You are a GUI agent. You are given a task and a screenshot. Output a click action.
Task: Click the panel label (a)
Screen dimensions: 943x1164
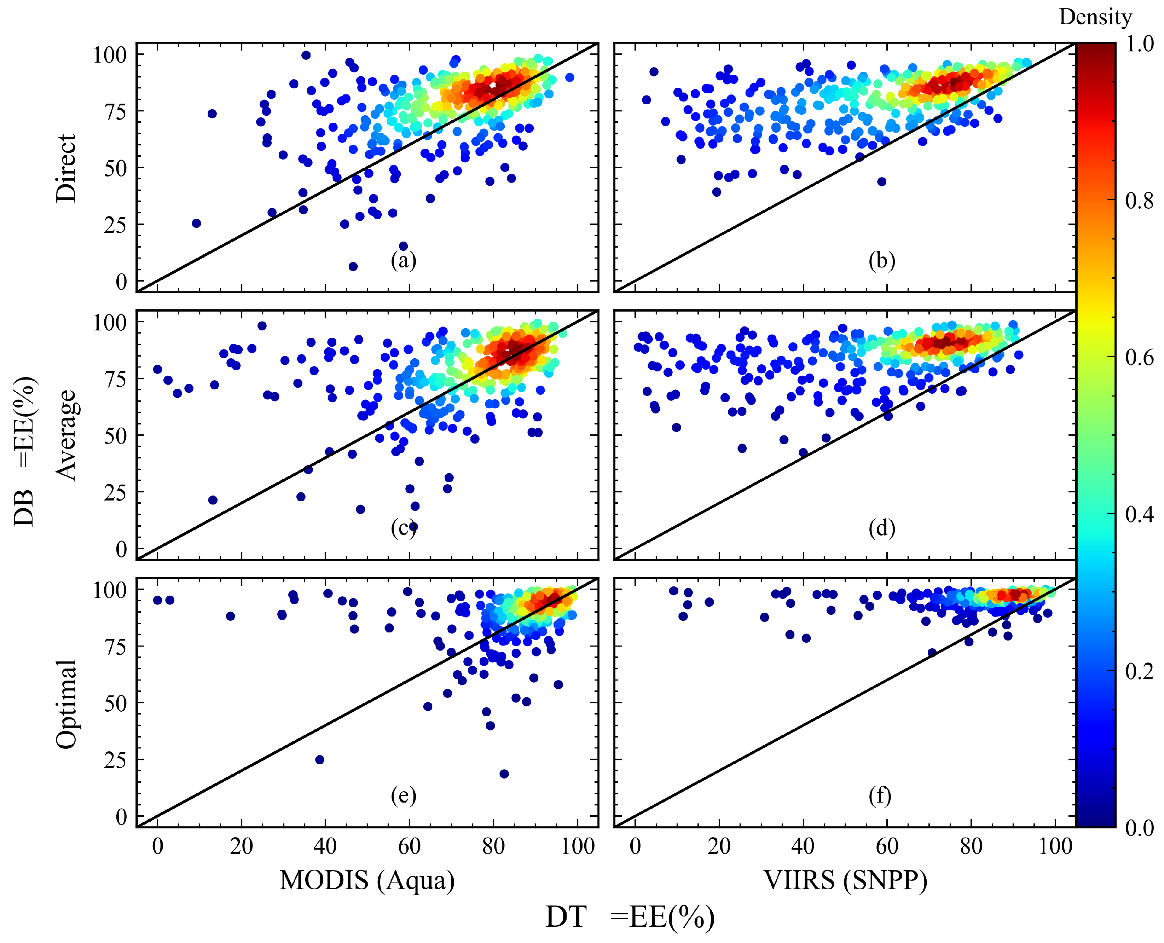tap(403, 261)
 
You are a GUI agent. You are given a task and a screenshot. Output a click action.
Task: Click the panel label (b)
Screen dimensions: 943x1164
tap(881, 261)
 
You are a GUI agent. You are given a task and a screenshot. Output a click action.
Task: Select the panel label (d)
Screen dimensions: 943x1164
tap(881, 528)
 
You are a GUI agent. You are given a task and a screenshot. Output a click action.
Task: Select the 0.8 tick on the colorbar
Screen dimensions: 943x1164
tap(1139, 201)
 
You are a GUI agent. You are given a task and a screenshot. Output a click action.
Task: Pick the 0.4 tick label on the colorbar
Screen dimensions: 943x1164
tap(1139, 514)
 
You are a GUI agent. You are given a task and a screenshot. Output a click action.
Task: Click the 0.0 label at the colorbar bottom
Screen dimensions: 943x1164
tap(1139, 827)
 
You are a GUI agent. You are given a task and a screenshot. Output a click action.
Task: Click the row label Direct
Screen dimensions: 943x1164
tap(66, 168)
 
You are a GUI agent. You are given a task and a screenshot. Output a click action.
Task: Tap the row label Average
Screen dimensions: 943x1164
tap(66, 435)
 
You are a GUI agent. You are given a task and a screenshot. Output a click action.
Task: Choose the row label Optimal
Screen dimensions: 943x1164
tap(66, 704)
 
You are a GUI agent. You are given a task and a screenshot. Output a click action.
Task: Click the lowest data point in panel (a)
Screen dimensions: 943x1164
tap(353, 266)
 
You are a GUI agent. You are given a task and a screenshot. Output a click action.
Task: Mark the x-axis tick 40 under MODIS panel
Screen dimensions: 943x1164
tap(325, 846)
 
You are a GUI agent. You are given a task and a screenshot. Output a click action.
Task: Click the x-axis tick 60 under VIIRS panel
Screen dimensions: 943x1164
tap(886, 846)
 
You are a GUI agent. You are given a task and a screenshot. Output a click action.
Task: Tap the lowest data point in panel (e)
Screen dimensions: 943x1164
tap(504, 774)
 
